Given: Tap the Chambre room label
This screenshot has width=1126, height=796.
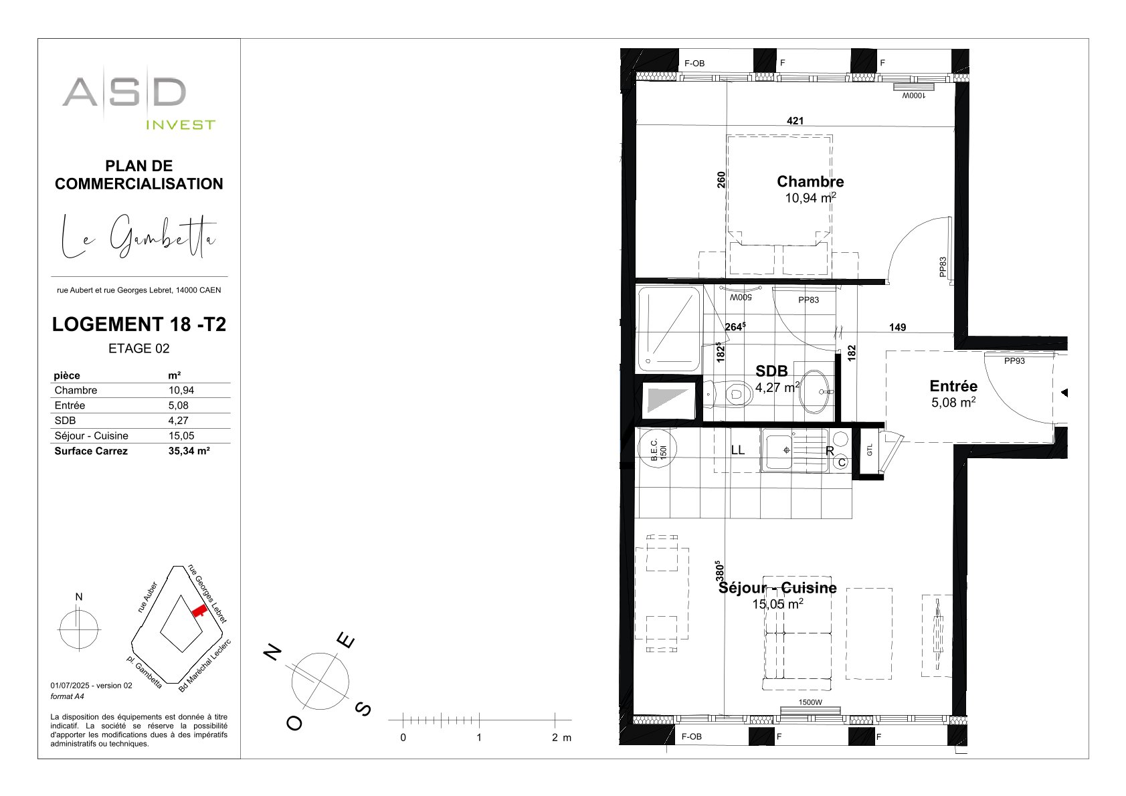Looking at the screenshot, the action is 810,181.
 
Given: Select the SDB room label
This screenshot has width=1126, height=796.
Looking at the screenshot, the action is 771,371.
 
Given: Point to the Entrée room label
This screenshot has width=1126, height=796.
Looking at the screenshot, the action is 953,386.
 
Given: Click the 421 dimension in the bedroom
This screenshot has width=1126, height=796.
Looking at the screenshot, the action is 795,120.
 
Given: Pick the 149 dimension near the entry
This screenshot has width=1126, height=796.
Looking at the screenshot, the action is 897,328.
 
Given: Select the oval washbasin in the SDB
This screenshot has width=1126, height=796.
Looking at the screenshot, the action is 814,391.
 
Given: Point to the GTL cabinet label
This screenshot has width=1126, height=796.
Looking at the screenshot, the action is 870,450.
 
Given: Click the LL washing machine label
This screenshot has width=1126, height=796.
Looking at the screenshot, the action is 737,450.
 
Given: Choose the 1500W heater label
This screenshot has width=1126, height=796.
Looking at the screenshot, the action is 810,702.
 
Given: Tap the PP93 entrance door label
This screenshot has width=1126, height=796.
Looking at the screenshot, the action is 1014,361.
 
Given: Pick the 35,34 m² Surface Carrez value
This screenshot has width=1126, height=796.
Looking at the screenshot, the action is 189,451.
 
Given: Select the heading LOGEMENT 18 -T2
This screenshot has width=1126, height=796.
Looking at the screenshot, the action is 139,324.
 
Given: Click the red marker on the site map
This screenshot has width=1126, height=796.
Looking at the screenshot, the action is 199,611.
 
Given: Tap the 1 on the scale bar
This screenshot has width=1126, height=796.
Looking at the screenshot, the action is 478,737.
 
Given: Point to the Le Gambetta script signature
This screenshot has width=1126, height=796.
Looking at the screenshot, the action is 138,237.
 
